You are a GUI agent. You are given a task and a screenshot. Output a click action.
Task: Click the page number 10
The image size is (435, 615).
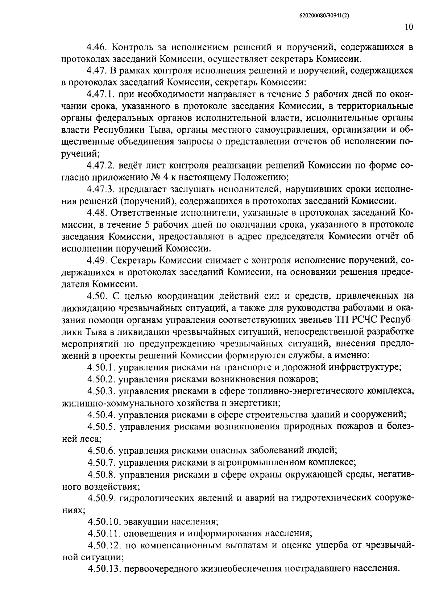pos(409,28)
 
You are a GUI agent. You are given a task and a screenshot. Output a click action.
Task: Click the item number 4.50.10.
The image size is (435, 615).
pos(104,522)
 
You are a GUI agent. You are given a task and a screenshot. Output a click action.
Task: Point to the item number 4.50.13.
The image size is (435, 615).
pos(104,569)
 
